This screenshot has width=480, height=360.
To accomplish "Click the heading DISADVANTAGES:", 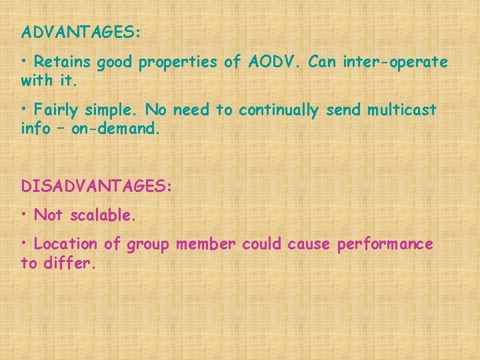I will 96,186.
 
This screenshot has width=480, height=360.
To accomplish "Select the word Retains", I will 63,62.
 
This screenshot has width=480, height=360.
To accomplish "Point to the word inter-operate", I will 395,62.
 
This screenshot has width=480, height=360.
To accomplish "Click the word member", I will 206,245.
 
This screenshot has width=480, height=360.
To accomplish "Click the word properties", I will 181,63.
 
